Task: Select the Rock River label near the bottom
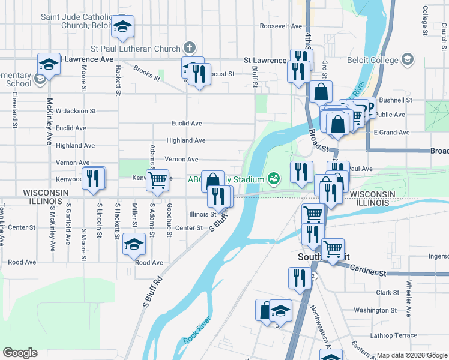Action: (x=197, y=330)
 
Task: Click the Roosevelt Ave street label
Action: (x=280, y=26)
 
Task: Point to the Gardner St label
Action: (x=364, y=272)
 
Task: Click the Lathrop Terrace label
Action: (x=394, y=335)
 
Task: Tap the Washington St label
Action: (x=375, y=310)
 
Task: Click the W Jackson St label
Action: (x=76, y=111)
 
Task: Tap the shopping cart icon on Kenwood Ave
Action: (x=157, y=179)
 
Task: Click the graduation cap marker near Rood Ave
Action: (x=134, y=244)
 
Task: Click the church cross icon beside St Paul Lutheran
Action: (x=189, y=47)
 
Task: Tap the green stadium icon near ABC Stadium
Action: (x=274, y=178)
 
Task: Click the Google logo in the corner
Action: (x=20, y=353)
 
